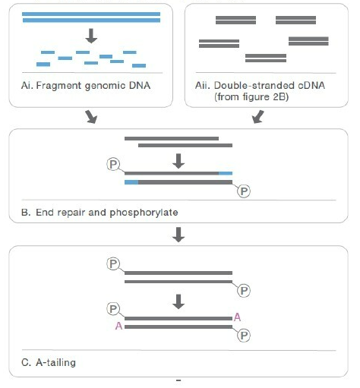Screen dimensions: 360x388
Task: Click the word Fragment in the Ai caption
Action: pyautogui.click(x=59, y=86)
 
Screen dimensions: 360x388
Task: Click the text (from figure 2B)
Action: pyautogui.click(x=251, y=97)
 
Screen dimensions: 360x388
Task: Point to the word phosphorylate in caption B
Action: pyautogui.click(x=144, y=213)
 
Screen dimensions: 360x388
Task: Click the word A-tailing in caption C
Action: pyautogui.click(x=55, y=362)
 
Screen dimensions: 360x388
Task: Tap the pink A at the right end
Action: pyautogui.click(x=237, y=317)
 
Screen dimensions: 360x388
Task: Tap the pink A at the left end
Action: pyautogui.click(x=118, y=326)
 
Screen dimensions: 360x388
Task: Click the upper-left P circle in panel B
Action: pyautogui.click(x=113, y=164)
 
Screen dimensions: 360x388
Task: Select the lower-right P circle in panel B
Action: pyautogui.click(x=244, y=191)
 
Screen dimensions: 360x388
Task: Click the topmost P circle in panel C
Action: pyautogui.click(x=113, y=263)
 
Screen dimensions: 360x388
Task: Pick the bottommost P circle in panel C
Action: pyautogui.click(x=244, y=336)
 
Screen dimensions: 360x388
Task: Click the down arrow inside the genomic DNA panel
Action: pyautogui.click(x=91, y=36)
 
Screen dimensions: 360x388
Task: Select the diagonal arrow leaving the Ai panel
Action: pyautogui.click(x=91, y=117)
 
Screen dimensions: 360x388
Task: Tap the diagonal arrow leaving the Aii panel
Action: pyautogui.click(x=258, y=117)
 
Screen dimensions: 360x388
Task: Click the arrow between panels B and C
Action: pyautogui.click(x=178, y=235)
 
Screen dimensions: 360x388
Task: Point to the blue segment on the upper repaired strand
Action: pyautogui.click(x=226, y=173)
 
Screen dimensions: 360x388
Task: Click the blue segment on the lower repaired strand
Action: pyautogui.click(x=131, y=182)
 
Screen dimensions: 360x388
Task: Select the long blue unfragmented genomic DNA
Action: pyautogui.click(x=91, y=17)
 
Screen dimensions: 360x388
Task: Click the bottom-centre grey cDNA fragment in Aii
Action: pyautogui.click(x=266, y=58)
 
